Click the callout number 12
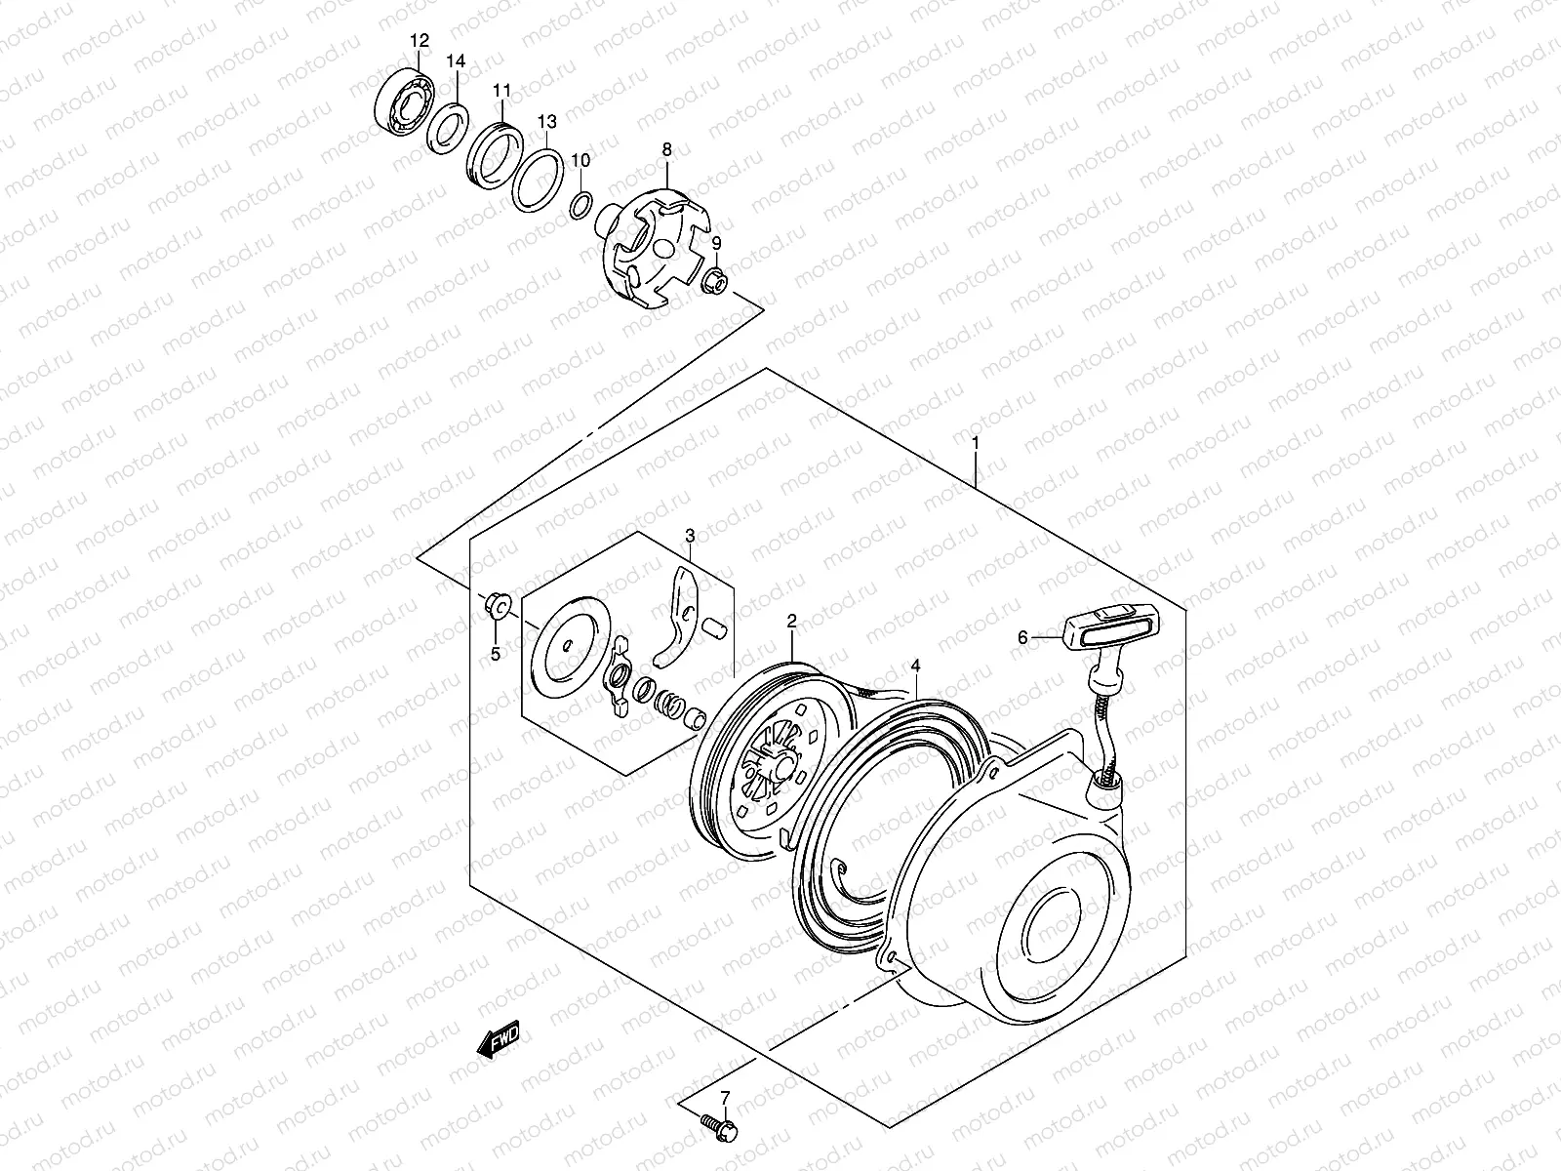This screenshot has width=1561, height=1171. tap(419, 41)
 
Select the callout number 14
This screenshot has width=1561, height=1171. tap(456, 61)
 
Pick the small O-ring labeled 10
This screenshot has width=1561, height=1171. tap(580, 205)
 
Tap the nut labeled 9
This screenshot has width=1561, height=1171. tap(713, 283)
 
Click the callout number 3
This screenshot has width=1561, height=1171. tap(690, 536)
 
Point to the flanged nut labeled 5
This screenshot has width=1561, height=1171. tap(494, 609)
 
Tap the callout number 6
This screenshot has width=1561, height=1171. tap(1023, 638)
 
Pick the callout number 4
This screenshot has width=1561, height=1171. tap(915, 666)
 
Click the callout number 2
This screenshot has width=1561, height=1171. tap(791, 621)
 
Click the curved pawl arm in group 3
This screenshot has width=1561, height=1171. tap(679, 627)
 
